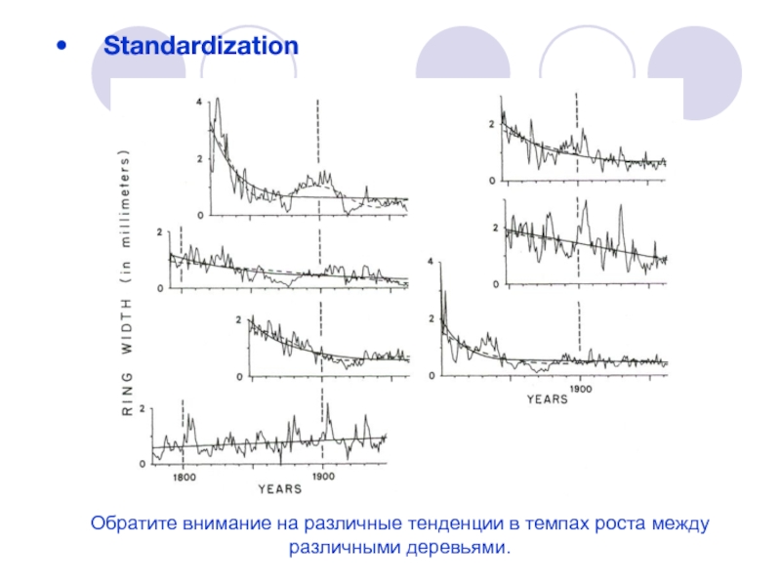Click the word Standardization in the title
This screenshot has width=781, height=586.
201,45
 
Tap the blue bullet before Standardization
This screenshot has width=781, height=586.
62,46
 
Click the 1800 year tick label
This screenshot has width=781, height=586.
185,477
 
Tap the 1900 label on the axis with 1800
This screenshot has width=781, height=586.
322,477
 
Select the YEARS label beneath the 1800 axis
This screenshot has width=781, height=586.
279,488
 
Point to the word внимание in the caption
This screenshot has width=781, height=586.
210,525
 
